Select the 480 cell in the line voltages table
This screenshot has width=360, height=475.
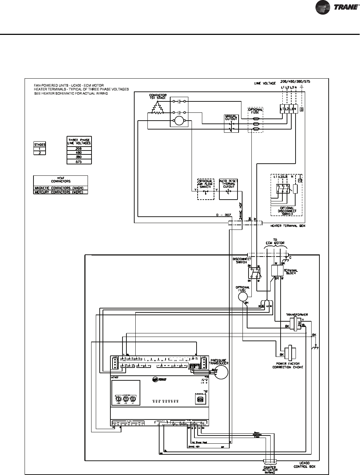[x=79, y=152]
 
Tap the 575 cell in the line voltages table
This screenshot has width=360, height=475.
[x=79, y=162]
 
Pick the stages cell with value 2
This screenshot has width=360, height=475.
[x=40, y=153]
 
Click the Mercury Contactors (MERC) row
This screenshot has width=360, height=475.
[x=60, y=192]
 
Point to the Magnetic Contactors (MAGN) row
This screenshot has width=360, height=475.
[x=60, y=188]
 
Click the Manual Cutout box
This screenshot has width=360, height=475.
[x=231, y=123]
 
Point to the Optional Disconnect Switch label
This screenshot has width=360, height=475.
[x=287, y=211]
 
